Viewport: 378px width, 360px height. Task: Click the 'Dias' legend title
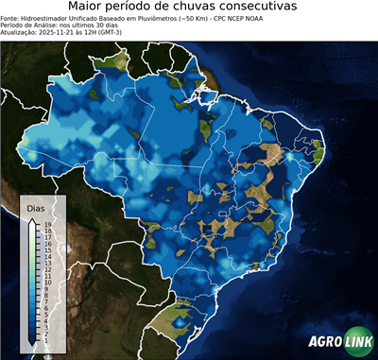coord(35,207)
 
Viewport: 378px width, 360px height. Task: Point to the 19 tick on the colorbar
coord(46,225)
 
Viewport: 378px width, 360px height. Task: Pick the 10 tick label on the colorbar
coord(46,281)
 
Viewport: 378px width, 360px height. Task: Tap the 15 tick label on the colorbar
coord(46,249)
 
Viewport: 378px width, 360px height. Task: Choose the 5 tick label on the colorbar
coord(45,311)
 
